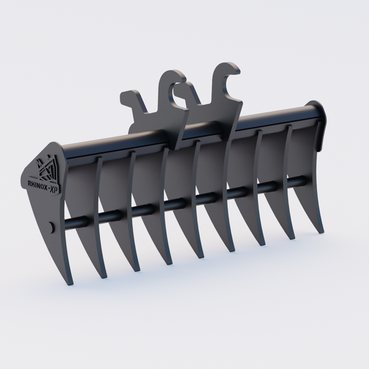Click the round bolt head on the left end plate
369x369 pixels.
pos(53,227)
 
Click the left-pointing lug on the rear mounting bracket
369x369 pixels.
pos(127,96)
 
